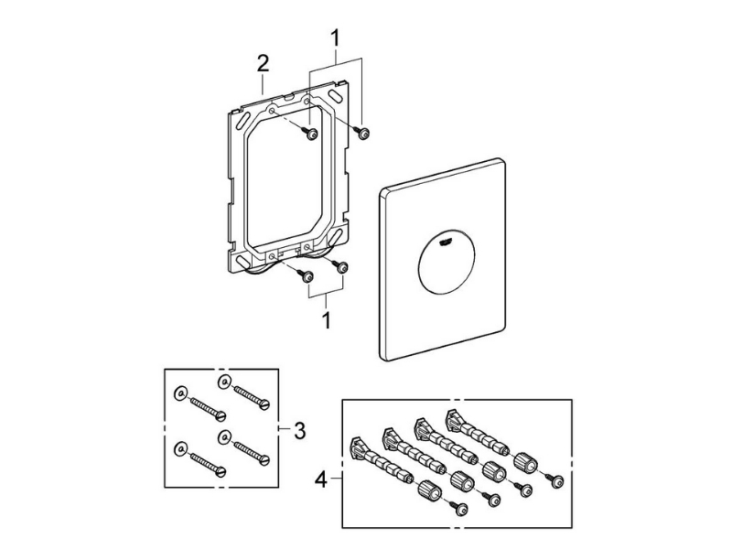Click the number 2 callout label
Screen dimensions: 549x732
(263, 63)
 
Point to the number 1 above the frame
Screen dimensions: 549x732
(335, 38)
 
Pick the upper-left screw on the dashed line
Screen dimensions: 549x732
(312, 135)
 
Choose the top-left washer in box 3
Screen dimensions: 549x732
(180, 393)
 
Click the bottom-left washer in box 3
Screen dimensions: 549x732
(180, 447)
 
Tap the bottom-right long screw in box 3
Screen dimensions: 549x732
(248, 450)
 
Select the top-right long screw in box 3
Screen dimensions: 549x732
(248, 394)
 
